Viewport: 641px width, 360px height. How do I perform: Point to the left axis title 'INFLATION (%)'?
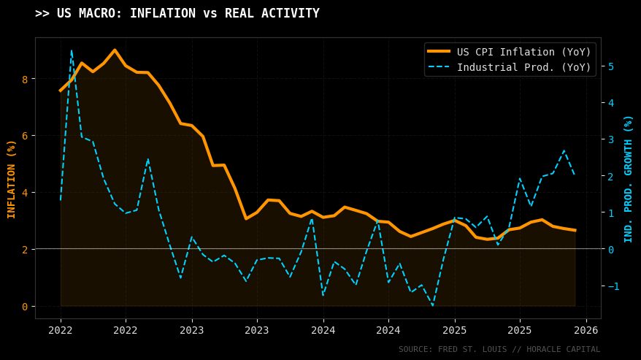[12, 179]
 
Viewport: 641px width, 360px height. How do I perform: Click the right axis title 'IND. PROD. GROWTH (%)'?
[629, 179]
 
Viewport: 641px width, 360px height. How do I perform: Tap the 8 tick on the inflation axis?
[24, 79]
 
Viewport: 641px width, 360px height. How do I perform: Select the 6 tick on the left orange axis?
[24, 136]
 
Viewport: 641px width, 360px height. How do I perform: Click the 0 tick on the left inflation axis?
[24, 306]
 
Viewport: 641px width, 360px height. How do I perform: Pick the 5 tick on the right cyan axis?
[610, 66]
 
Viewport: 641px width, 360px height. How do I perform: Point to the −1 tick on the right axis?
[613, 286]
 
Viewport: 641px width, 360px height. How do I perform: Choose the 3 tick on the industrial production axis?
[610, 139]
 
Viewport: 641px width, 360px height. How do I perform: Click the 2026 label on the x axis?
[586, 331]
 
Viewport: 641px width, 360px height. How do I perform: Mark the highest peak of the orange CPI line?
[115, 50]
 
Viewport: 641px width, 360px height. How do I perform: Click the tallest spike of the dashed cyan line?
[71, 50]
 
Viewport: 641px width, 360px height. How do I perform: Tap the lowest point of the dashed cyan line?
[433, 305]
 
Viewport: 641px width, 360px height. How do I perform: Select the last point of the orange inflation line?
[575, 230]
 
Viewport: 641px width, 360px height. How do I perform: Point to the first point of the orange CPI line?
[61, 91]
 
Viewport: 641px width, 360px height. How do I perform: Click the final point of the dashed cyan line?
[575, 175]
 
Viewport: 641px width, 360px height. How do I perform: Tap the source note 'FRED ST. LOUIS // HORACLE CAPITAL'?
[499, 350]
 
